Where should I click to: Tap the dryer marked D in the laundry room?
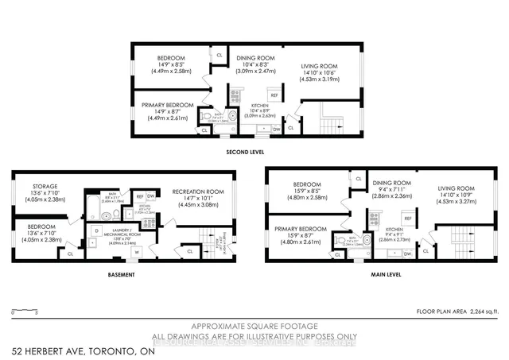(x=96, y=230)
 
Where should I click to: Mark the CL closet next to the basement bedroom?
(x=71, y=254)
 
